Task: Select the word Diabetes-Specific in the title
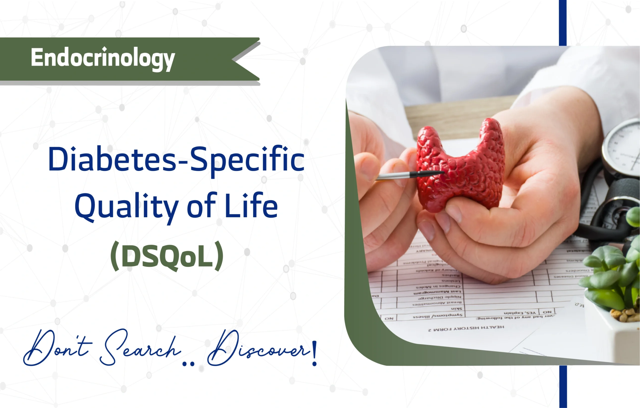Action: pyautogui.click(x=176, y=159)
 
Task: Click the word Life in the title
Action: pyautogui.click(x=251, y=206)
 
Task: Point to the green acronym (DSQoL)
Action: pyautogui.click(x=167, y=256)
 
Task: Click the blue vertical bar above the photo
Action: pyautogui.click(x=563, y=23)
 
